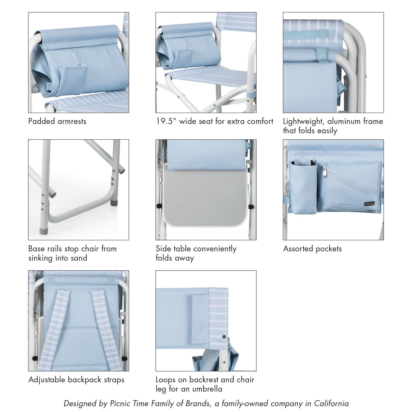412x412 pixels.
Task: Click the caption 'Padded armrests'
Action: (57, 121)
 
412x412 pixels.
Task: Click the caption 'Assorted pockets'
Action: (312, 249)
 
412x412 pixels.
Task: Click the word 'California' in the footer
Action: (331, 403)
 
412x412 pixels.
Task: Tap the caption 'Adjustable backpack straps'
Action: (76, 380)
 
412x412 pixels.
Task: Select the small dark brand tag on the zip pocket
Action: (370, 203)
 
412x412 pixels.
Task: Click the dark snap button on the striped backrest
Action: (223, 337)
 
